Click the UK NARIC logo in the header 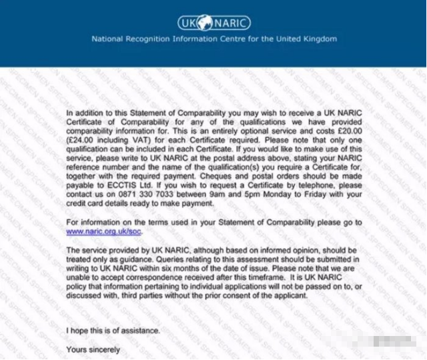click(213, 23)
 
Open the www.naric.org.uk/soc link click(104, 231)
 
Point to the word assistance click(140, 331)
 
